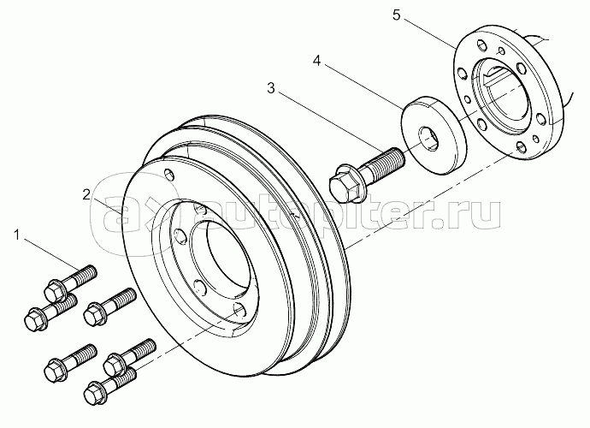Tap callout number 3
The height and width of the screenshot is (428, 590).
click(x=271, y=87)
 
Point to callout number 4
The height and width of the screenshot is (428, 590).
click(x=317, y=62)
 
